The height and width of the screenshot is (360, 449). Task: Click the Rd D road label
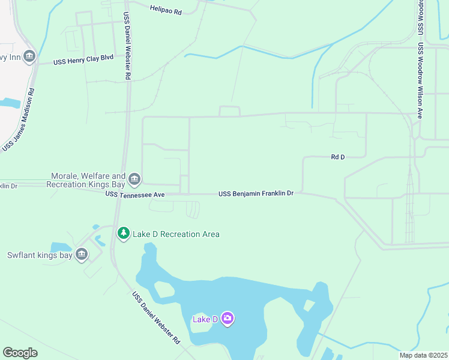point(338,157)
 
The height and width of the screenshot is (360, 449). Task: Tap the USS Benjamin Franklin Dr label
point(256,193)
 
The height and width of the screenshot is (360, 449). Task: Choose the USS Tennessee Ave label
point(134,194)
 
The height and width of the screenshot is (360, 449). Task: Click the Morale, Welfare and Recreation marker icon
point(134,178)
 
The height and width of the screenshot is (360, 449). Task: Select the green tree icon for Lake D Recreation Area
point(123,233)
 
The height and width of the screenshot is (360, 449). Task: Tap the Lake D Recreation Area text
point(176,234)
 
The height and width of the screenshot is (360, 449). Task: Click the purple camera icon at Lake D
point(227,319)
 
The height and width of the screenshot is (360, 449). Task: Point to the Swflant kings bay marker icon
point(82,254)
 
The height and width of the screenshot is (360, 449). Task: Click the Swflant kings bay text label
point(40,255)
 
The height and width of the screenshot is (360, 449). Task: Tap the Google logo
point(20,353)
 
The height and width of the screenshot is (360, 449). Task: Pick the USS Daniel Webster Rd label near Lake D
point(156,318)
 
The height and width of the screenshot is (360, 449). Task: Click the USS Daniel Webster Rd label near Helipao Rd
point(127,46)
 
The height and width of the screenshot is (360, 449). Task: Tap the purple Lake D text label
point(205,319)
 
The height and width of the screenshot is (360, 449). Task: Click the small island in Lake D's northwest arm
point(164,290)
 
